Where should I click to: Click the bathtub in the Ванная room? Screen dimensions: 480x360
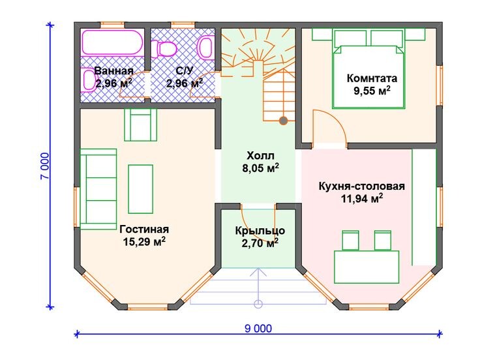pos(112,42)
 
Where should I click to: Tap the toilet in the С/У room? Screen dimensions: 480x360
pos(165,49)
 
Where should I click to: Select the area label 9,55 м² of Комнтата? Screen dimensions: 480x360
pos(372,90)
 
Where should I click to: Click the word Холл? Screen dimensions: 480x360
pos(260,156)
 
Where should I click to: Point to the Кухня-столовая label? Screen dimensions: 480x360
pos(362,186)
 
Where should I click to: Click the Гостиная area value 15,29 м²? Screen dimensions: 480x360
pos(144,241)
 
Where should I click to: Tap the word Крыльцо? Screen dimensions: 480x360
pos(260,230)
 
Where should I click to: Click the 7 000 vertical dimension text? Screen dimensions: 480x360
pos(44,166)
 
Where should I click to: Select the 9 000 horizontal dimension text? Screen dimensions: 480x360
pos(258,329)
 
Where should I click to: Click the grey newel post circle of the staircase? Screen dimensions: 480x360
pos(284,121)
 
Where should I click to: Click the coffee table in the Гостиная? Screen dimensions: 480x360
pos(140,189)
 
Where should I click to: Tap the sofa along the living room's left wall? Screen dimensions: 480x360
pos(98,189)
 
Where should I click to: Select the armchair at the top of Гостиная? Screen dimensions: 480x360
pos(140,125)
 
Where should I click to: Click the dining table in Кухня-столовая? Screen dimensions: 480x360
pos(367,267)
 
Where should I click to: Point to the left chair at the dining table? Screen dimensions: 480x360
pos(350,241)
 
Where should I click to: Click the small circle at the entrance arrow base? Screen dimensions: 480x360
pos(258,304)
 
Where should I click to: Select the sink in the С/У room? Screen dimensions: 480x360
pos(205,48)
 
